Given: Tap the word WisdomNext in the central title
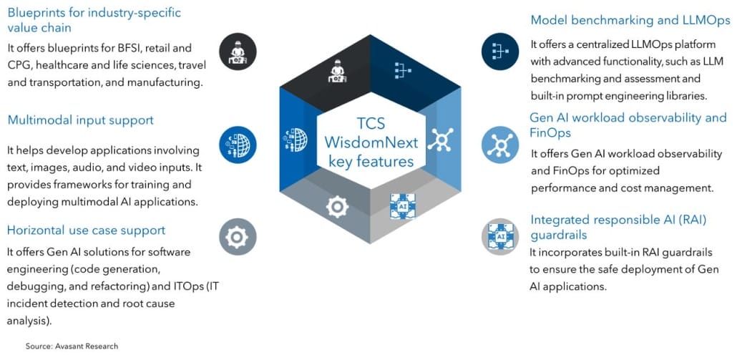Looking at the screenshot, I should (x=371, y=142).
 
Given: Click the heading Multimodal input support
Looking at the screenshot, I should (x=81, y=120).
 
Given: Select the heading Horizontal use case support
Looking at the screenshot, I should (x=86, y=230).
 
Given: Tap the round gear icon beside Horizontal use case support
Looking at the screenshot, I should (x=238, y=237).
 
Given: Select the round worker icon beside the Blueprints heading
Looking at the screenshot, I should (x=238, y=50).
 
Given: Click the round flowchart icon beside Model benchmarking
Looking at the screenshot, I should (x=500, y=50).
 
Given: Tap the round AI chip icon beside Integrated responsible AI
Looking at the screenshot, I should (x=500, y=236).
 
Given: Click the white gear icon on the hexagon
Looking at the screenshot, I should (x=337, y=206).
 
